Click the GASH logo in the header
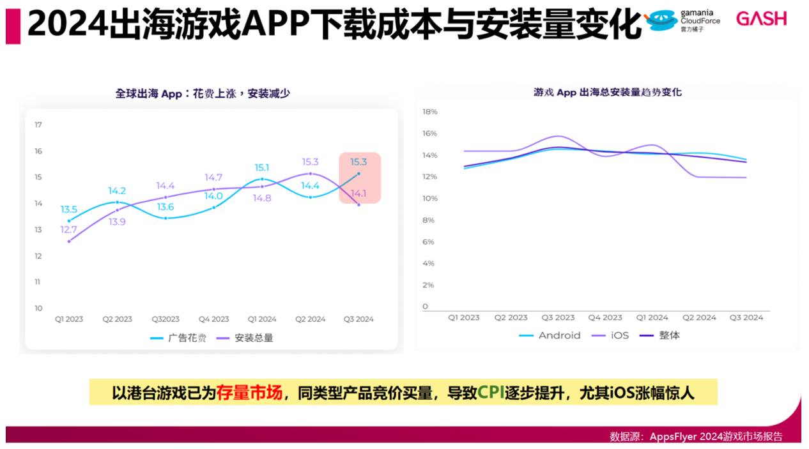[x=761, y=19]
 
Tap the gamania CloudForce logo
[x=682, y=21]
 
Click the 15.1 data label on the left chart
[x=262, y=167]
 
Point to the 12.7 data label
[x=68, y=230]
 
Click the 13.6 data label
[x=166, y=207]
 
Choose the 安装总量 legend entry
[x=245, y=338]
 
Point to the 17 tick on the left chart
[x=38, y=125]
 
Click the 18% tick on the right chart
[x=429, y=112]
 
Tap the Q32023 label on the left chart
[x=166, y=319]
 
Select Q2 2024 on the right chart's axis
[x=699, y=317]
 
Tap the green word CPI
[x=491, y=392]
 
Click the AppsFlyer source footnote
[x=696, y=437]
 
